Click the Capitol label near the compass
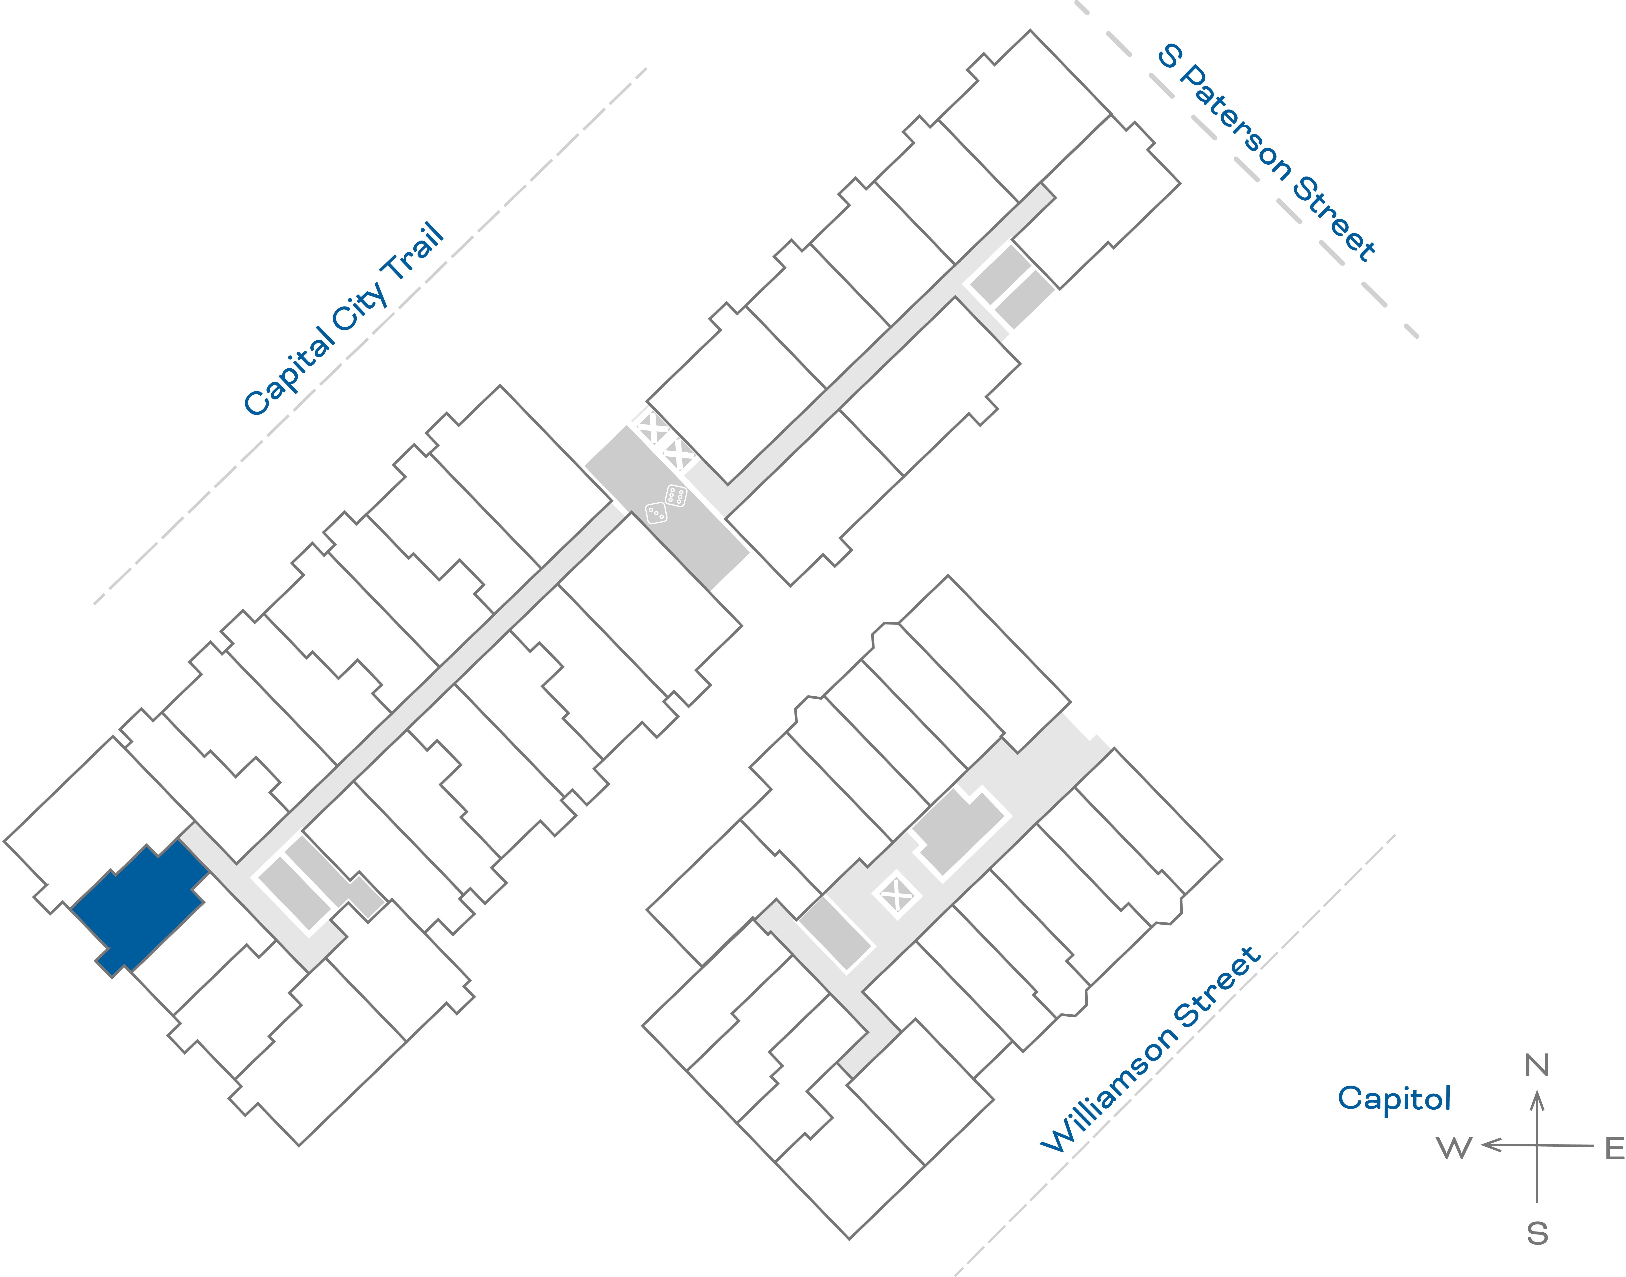(1394, 1098)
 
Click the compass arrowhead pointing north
(1537, 1100)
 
